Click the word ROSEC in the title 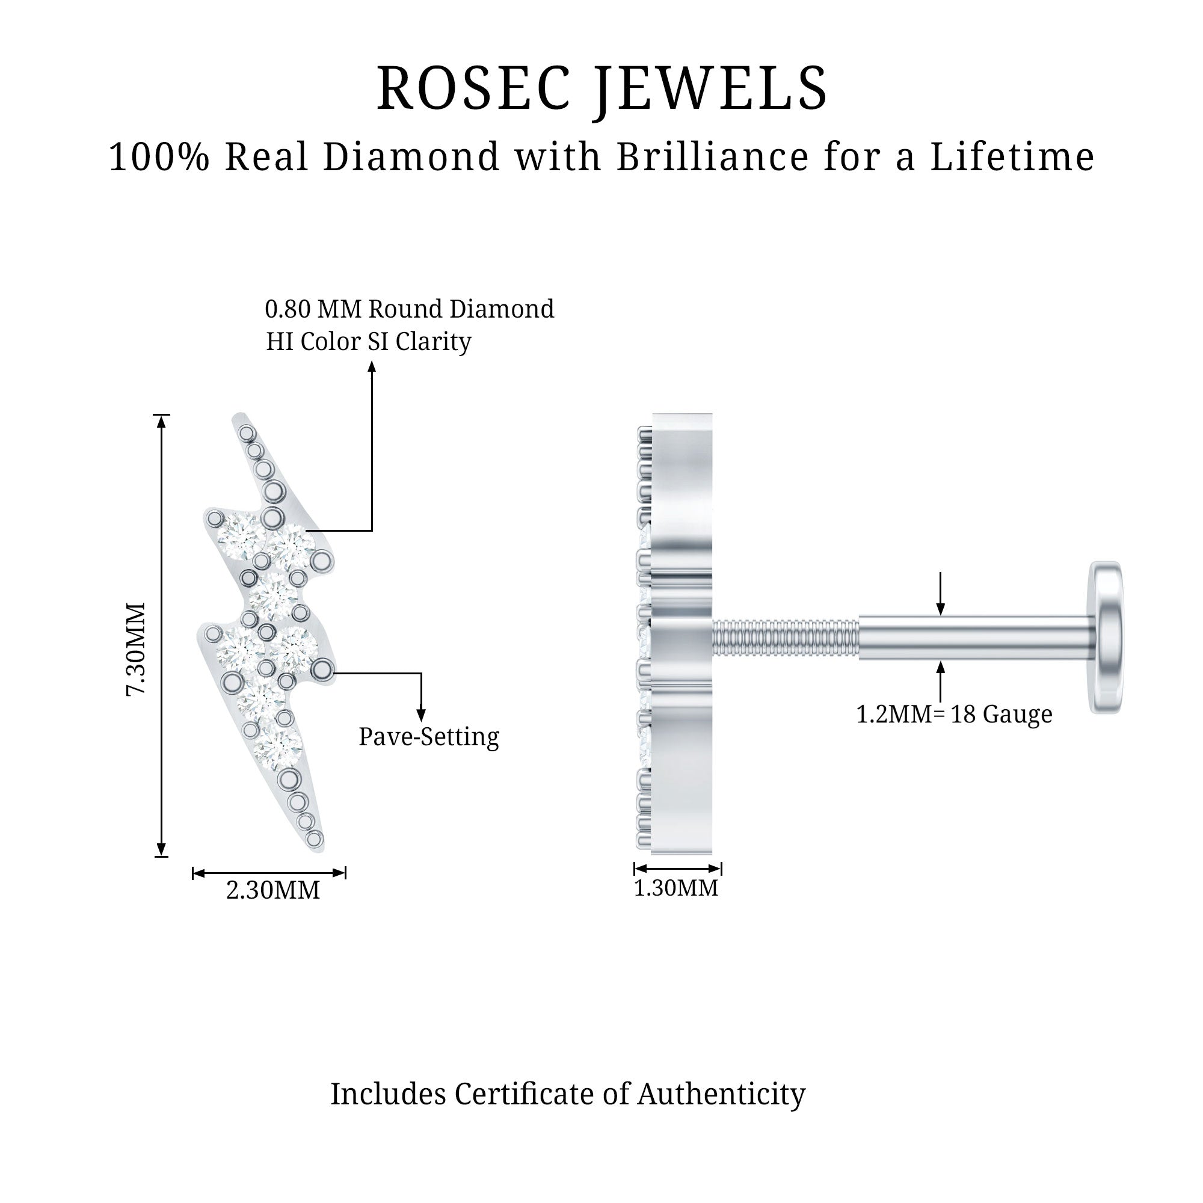tap(473, 88)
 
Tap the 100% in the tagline tap(159, 157)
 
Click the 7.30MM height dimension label tap(137, 648)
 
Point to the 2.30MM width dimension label tap(272, 890)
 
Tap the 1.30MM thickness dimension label tap(675, 888)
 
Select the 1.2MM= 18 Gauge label tap(954, 714)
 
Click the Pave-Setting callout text tap(428, 737)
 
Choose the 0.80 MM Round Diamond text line tap(409, 309)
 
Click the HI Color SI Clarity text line tap(369, 341)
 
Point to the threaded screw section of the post tap(786, 638)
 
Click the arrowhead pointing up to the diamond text tap(372, 368)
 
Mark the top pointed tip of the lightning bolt tap(240, 416)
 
